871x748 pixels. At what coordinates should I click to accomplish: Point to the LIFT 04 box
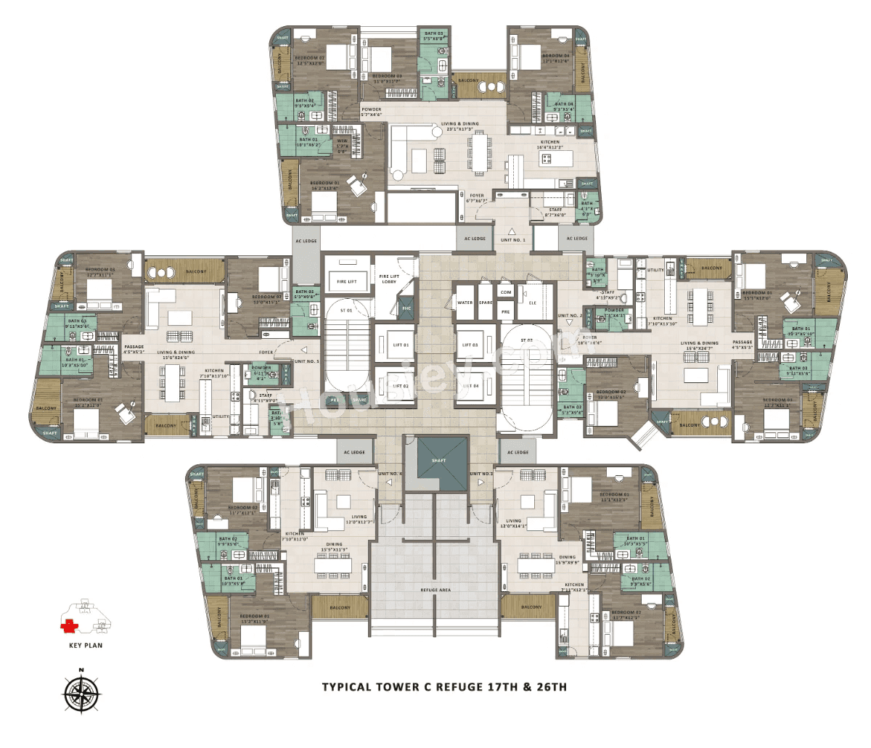point(471,386)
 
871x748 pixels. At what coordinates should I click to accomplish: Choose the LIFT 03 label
point(471,345)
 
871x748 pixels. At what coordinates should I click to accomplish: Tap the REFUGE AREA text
point(435,590)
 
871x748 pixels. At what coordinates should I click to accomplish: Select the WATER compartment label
point(465,303)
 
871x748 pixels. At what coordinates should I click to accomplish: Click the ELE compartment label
point(532,303)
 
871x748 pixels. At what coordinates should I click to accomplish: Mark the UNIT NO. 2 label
point(571,316)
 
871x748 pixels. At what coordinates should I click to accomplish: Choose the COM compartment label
point(506,292)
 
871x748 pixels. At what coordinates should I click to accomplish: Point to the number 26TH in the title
point(550,686)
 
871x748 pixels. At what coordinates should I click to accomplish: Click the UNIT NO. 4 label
point(389,474)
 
